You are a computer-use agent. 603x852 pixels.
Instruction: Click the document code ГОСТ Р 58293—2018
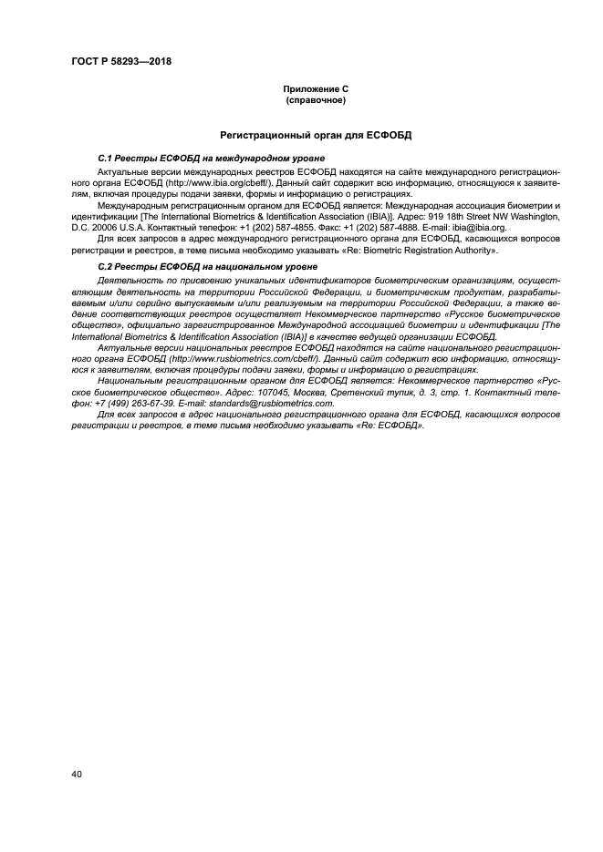pyautogui.click(x=120, y=62)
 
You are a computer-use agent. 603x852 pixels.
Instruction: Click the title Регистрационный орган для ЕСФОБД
pyautogui.click(x=315, y=134)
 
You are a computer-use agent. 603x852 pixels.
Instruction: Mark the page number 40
pyautogui.click(x=77, y=775)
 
